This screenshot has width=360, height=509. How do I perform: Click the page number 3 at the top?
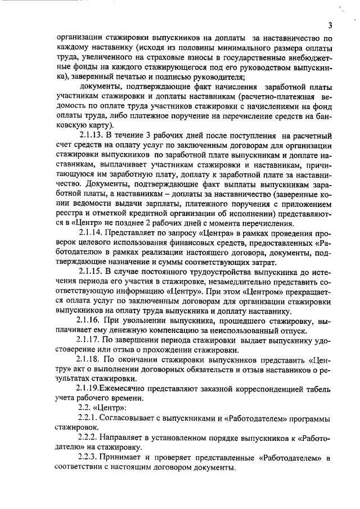point(331,25)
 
